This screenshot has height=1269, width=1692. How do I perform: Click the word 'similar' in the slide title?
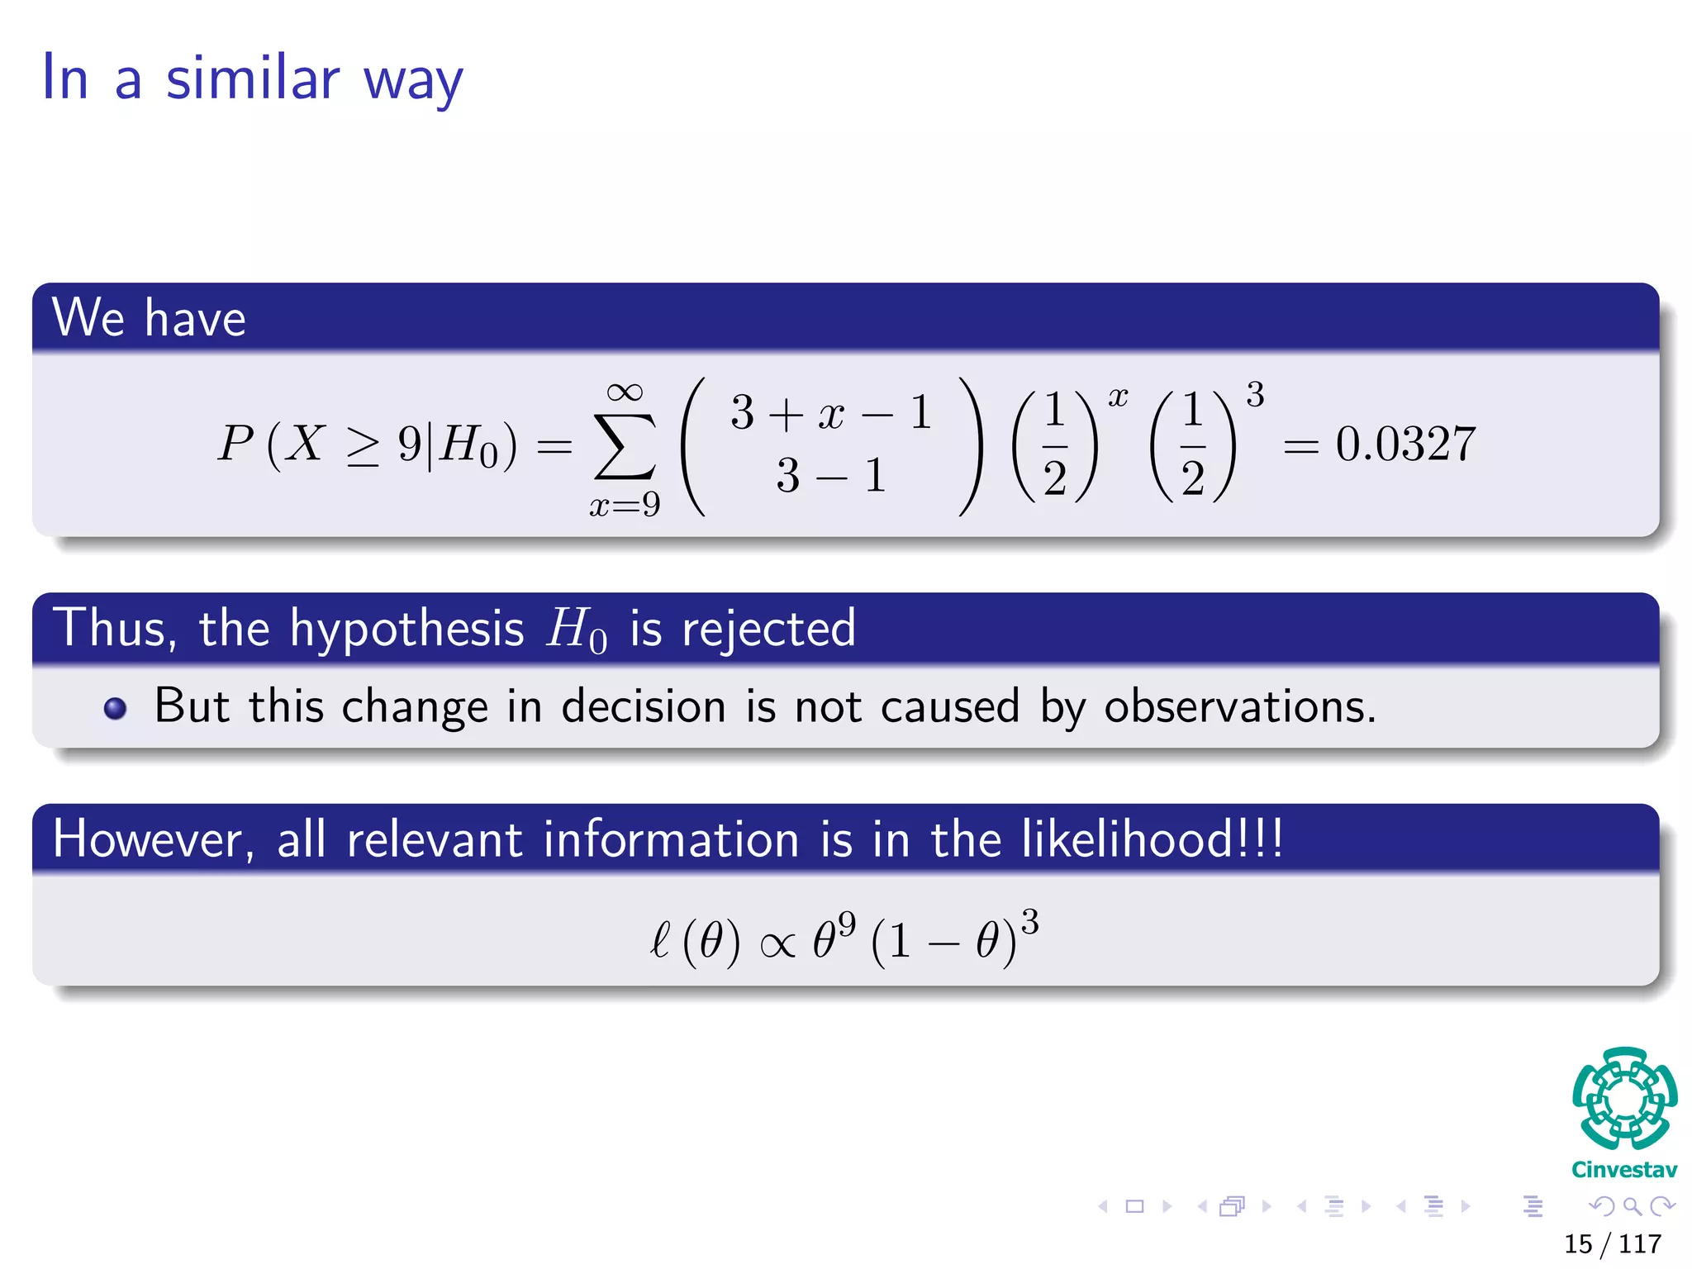pyautogui.click(x=252, y=78)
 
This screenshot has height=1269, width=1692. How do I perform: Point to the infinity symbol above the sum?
pyautogui.click(x=625, y=392)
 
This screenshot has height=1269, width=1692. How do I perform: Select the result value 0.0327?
pyautogui.click(x=1405, y=444)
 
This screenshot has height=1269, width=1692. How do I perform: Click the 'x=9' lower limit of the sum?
pyautogui.click(x=625, y=504)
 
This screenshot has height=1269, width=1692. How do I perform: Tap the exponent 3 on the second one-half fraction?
pyautogui.click(x=1255, y=395)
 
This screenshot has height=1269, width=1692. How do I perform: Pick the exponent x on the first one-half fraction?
pyautogui.click(x=1117, y=397)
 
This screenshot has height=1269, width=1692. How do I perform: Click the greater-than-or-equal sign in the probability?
pyautogui.click(x=362, y=446)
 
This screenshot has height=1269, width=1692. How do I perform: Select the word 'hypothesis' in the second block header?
pyautogui.click(x=406, y=630)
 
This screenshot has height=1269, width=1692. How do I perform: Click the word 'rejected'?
pyautogui.click(x=768, y=630)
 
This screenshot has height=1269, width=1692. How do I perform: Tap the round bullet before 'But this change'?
pyautogui.click(x=115, y=708)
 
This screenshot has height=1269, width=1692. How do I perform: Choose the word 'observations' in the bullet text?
pyautogui.click(x=1239, y=707)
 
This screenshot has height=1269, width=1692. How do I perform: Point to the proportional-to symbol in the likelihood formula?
pyautogui.click(x=777, y=944)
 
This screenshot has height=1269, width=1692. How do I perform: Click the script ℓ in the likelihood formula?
pyautogui.click(x=659, y=940)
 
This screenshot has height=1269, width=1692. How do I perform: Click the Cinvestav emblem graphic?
pyautogui.click(x=1624, y=1099)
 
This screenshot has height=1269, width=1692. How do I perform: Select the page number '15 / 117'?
pyautogui.click(x=1612, y=1244)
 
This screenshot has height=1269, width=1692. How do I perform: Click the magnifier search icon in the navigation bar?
pyautogui.click(x=1632, y=1206)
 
